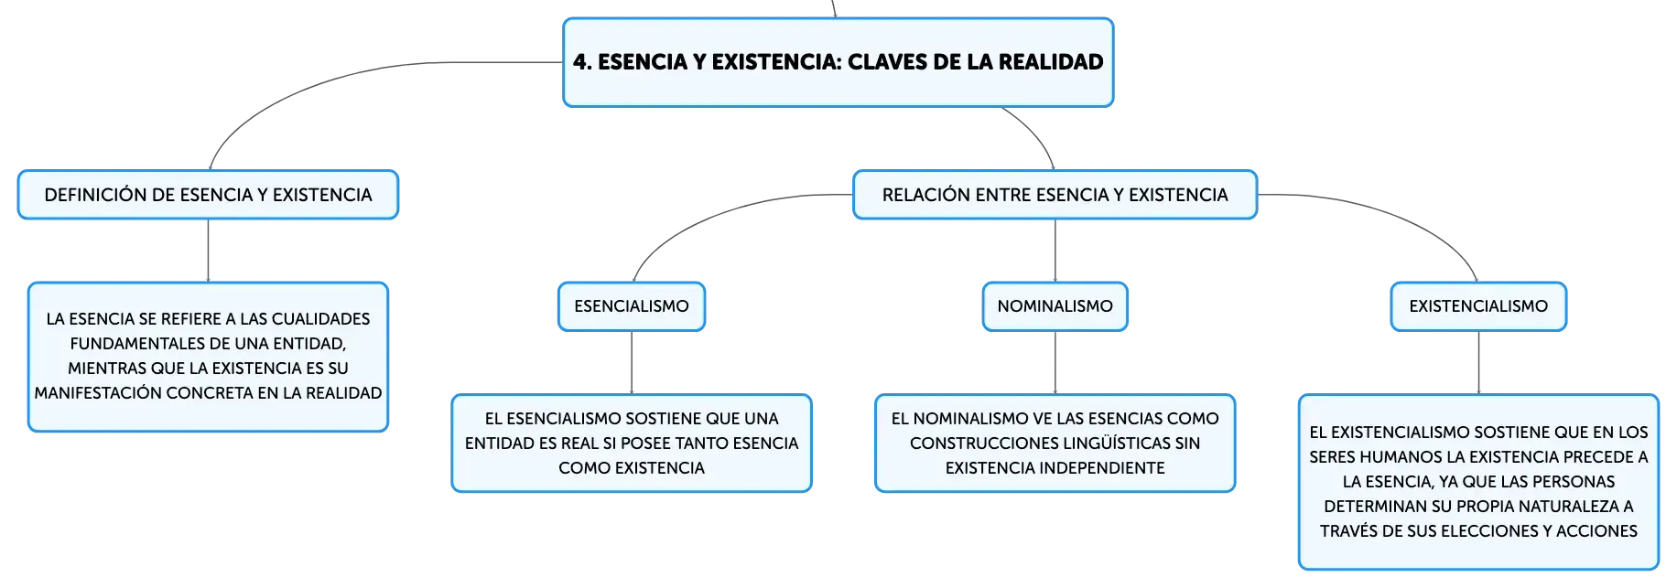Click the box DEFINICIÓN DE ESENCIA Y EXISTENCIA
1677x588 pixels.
pyautogui.click(x=208, y=195)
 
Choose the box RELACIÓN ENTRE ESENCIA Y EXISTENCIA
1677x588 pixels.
pyautogui.click(x=1055, y=195)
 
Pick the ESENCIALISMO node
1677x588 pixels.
pyautogui.click(x=632, y=306)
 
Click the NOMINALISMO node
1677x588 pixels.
pyautogui.click(x=1055, y=306)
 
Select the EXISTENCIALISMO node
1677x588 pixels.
pyautogui.click(x=1478, y=306)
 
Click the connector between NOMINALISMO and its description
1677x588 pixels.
pyautogui.click(x=1055, y=362)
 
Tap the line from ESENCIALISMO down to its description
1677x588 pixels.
pyautogui.click(x=632, y=362)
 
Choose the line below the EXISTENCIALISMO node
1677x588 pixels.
pyautogui.click(x=1478, y=362)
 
